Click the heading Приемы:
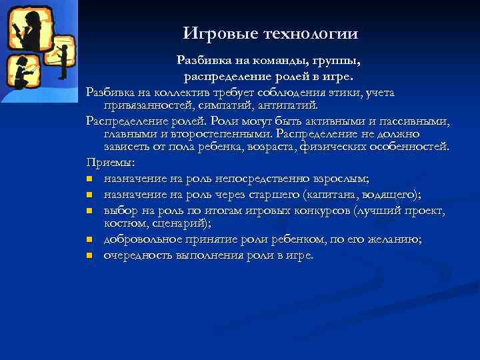pos(111,163)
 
